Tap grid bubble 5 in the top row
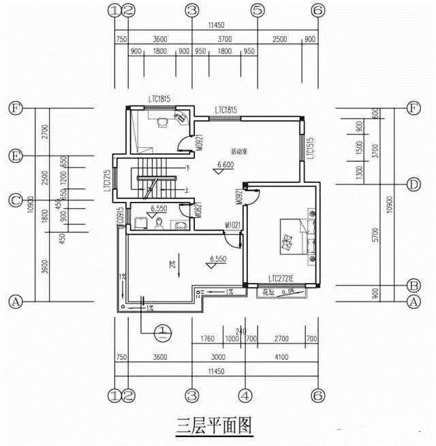coord(258,10)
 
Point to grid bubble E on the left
coord(14,156)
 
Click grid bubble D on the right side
coord(412,184)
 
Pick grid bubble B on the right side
coord(412,285)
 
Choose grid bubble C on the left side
coord(14,200)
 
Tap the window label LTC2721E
coord(284,279)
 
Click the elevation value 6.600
coord(225,165)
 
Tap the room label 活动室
coord(239,151)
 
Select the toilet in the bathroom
coord(158,222)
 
